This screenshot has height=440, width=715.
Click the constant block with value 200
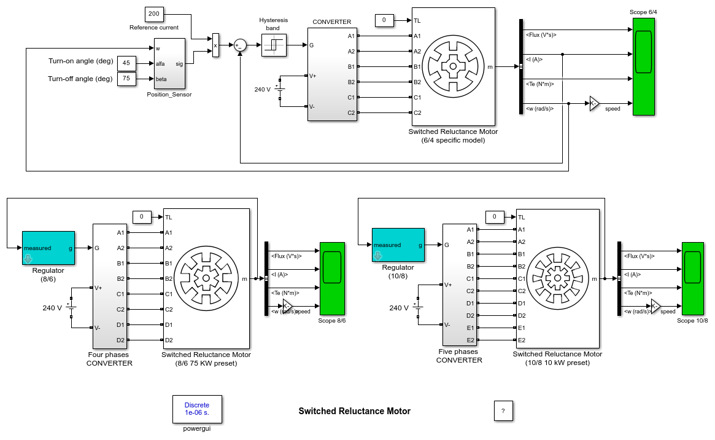point(153,14)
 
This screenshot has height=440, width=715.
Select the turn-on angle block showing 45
point(126,63)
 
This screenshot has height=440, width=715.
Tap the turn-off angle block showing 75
point(126,79)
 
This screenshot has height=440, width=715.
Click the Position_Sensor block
point(169,63)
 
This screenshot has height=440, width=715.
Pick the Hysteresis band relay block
point(274,45)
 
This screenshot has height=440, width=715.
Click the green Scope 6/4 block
point(643,66)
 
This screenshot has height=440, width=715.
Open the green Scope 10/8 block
point(694,279)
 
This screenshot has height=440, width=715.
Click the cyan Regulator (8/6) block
point(48,248)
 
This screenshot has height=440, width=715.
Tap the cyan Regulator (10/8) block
point(398,245)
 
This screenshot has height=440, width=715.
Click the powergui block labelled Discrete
point(197,409)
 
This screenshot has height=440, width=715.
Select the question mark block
point(503,411)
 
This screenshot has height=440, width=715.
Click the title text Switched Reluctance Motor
point(354,411)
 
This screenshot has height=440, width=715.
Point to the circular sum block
point(239,45)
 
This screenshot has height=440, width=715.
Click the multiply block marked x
point(215,45)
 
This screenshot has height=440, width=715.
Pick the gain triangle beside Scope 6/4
point(594,103)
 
